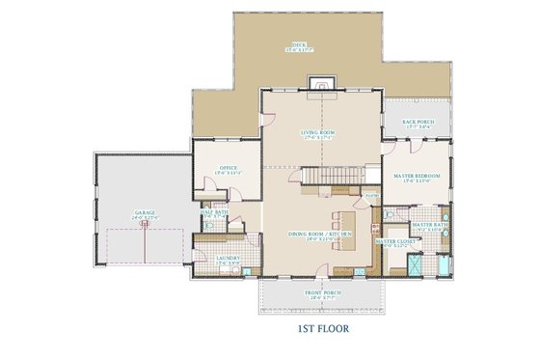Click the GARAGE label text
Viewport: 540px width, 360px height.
pos(145,216)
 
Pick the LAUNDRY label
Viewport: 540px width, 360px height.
pos(228,258)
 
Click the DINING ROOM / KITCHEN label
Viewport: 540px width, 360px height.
pos(319,234)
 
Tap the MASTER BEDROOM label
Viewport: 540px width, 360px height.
pos(417,176)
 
